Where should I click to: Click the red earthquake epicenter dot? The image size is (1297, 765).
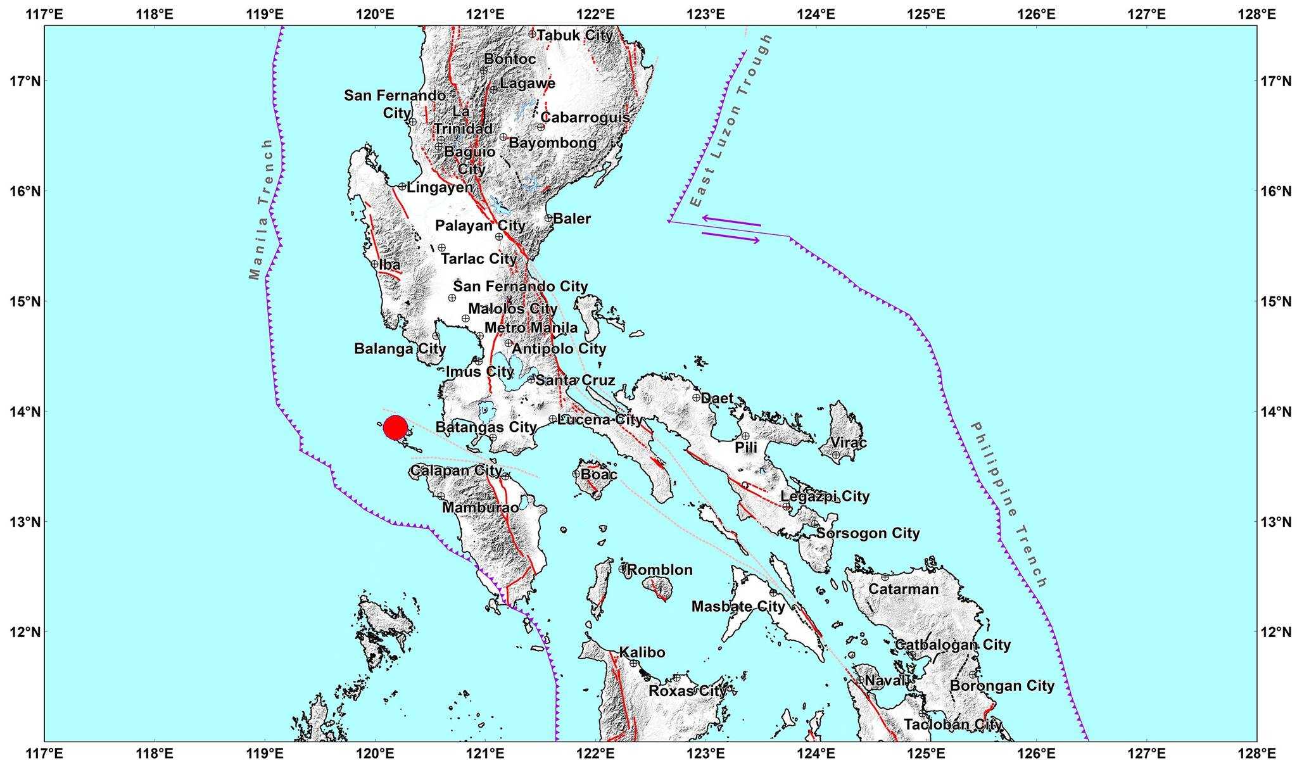pos(395,428)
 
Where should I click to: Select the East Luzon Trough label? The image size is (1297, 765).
pos(732,120)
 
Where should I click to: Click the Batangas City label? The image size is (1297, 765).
pos(486,427)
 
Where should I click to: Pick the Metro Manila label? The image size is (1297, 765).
pos(531,327)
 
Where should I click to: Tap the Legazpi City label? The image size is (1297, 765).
pos(825,496)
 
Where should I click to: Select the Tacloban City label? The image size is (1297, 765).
pos(952,724)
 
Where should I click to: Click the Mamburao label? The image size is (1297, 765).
pos(480,507)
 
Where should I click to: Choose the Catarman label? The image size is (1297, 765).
pos(903,589)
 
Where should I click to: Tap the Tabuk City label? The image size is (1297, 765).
pos(574,35)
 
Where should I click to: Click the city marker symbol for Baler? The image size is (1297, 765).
pos(548,218)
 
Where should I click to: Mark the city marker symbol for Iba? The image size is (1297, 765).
pos(375,264)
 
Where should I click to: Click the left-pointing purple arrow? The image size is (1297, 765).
pos(731,220)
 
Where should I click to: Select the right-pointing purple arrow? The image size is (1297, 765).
pos(731,237)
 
